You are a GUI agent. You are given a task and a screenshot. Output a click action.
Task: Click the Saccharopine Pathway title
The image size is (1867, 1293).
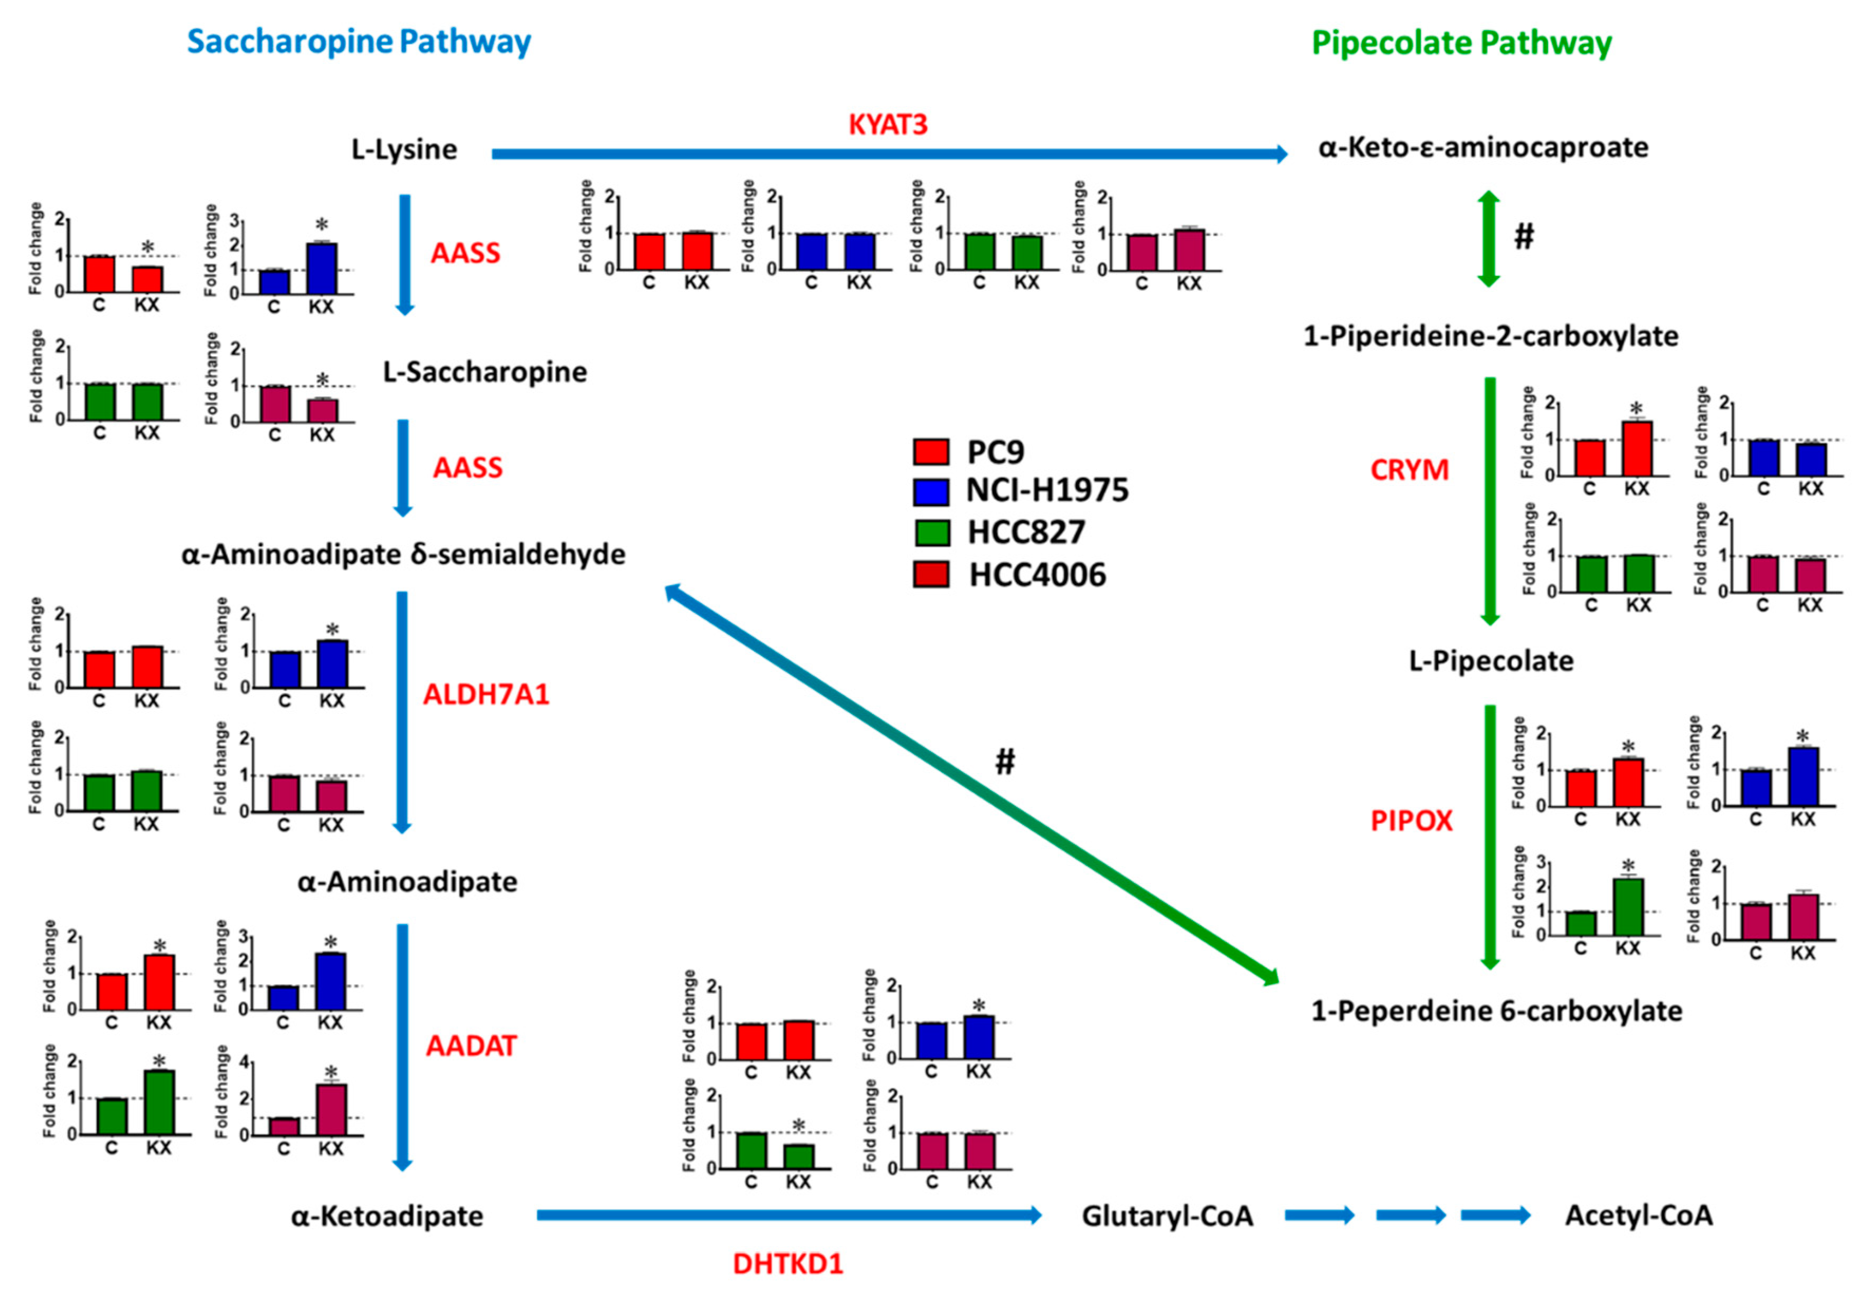[x=359, y=42]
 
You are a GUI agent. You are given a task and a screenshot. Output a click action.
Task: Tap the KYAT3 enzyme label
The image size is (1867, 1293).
[x=888, y=125]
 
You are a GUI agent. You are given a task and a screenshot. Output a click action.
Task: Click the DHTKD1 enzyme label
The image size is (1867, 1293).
[x=788, y=1263]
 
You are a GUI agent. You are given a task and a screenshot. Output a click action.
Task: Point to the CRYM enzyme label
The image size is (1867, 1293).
[x=1409, y=470]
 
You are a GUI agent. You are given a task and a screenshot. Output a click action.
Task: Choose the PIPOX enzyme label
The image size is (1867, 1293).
[x=1411, y=821]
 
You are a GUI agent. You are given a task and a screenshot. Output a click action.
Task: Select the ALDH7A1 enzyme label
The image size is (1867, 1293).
[x=486, y=695]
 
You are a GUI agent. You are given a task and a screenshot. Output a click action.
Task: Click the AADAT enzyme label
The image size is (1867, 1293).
[x=471, y=1046]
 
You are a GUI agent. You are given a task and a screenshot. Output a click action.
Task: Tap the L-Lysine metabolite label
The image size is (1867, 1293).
[x=403, y=149]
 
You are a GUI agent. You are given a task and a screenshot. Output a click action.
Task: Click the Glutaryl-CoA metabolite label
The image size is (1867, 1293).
[x=1167, y=1215]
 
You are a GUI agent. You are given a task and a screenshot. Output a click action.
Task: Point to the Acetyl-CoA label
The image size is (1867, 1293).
[x=1638, y=1215]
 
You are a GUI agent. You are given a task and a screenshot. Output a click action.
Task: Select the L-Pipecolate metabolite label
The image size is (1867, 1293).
[x=1491, y=661]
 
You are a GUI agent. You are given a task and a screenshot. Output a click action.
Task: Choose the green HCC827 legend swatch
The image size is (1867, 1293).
[x=931, y=533]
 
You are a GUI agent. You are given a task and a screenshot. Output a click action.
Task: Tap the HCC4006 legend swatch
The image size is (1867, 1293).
[x=931, y=574]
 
